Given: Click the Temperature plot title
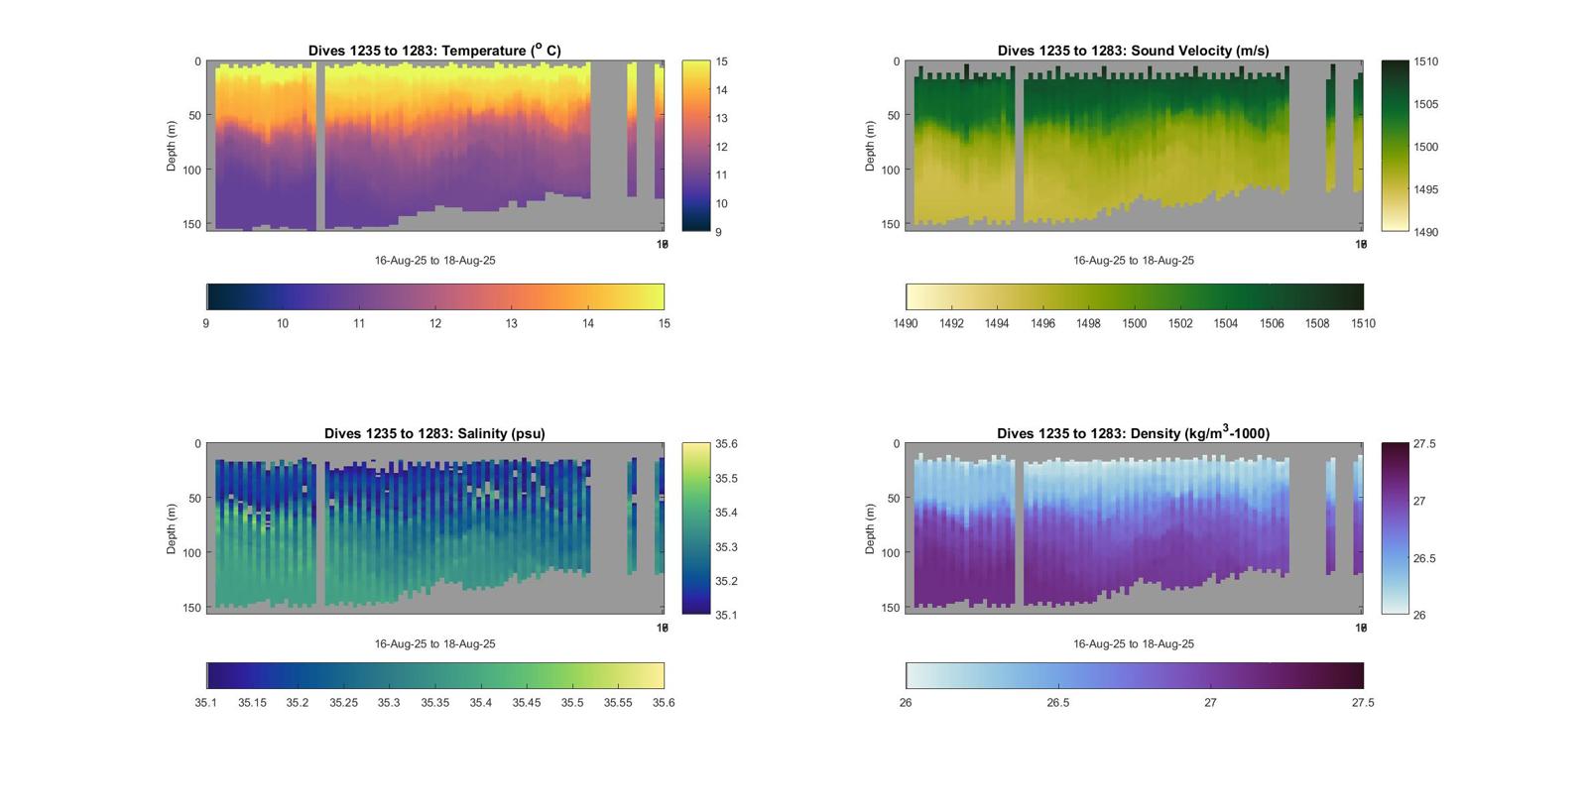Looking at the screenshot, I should point(434,51).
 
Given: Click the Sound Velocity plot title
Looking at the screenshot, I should point(1133,51).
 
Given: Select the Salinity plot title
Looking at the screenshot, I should point(434,433).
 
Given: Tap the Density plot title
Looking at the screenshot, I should point(1133,433).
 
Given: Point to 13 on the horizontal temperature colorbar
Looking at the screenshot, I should point(512,323).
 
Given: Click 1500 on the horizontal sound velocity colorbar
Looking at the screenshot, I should point(1134,323).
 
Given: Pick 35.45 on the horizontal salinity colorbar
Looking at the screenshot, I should point(527,703).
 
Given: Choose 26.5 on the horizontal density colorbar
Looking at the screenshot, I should point(1058,703).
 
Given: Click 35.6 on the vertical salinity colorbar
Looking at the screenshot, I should point(726,444).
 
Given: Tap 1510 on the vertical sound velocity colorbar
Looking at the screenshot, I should point(1425,61).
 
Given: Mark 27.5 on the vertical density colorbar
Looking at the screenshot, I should point(1424,444).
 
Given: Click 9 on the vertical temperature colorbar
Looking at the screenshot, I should point(719,232).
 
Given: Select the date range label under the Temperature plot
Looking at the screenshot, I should point(434,261).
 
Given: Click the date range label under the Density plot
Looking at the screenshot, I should point(1133,643).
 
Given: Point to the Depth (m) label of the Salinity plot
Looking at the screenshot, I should point(172,528).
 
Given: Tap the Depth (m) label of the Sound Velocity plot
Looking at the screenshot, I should point(870,146).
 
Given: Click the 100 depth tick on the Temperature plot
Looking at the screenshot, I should point(191,170).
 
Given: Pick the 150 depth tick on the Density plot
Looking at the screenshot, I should point(890,608).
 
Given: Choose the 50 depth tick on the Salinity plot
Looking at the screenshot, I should point(194,499).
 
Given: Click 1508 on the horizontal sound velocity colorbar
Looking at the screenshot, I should point(1317,323).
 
